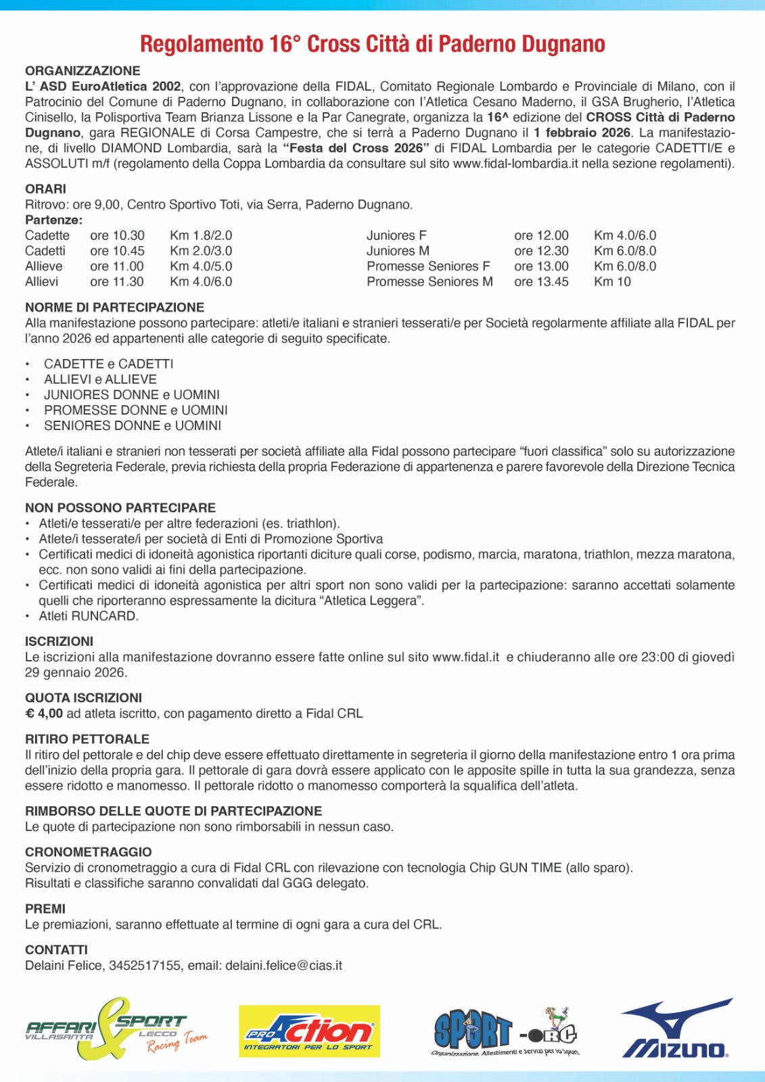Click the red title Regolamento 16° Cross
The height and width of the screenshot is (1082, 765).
click(372, 45)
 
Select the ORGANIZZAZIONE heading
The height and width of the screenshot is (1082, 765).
click(83, 71)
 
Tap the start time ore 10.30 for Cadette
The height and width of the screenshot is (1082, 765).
click(117, 235)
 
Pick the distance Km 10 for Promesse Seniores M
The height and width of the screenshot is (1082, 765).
click(612, 282)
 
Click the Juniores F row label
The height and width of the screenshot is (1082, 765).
click(396, 235)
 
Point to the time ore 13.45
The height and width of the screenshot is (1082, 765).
click(541, 282)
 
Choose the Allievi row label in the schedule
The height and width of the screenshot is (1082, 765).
click(42, 282)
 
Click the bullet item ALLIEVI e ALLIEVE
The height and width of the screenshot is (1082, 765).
click(100, 379)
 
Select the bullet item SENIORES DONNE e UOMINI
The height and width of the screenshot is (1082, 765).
click(133, 426)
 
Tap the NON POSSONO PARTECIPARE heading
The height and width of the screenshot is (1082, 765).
click(120, 508)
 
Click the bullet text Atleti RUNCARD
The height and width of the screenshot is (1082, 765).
click(89, 616)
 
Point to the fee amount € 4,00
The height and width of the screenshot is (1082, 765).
click(44, 713)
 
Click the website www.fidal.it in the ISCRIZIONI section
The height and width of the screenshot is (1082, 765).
click(465, 657)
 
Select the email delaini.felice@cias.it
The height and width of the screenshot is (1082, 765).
click(283, 966)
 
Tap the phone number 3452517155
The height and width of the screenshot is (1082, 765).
click(145, 966)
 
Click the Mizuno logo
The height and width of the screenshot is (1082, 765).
click(676, 1029)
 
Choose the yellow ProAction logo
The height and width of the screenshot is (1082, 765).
click(309, 1031)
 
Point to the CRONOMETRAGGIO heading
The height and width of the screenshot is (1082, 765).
click(89, 852)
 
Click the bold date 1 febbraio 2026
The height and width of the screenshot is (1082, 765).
click(582, 133)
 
